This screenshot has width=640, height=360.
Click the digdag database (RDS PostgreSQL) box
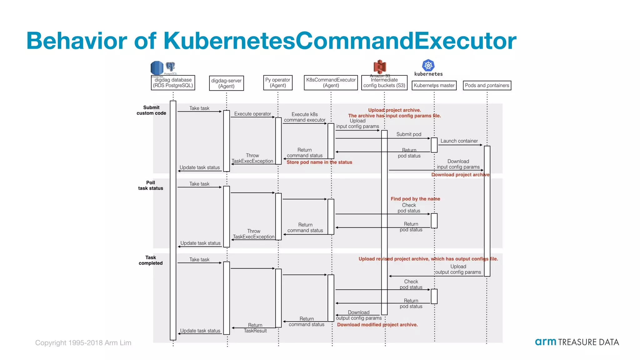173,83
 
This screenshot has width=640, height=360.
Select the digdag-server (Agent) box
226,83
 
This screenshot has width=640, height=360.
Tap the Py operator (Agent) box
278,83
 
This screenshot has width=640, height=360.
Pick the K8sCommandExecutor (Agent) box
331,83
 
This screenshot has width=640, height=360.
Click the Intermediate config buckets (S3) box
384,83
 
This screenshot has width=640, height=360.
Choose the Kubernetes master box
434,85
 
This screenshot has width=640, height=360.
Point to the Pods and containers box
487,85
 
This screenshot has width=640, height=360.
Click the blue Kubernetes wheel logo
428,65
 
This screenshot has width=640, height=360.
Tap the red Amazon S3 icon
380,67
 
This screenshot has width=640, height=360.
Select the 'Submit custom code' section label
151,110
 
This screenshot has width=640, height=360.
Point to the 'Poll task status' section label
151,185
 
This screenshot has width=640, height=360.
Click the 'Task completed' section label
151,260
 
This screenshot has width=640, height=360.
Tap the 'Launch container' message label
459,141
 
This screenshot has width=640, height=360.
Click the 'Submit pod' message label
409,134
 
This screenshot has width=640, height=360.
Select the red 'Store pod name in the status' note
319,162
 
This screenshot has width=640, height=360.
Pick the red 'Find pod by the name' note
415,199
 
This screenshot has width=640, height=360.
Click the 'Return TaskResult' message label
255,328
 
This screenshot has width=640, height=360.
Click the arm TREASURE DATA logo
577,342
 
